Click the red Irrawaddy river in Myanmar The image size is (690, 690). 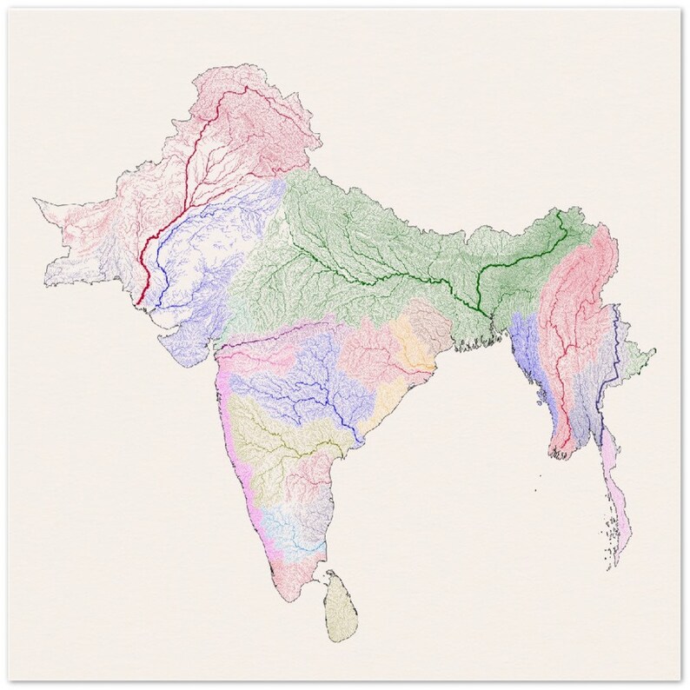click(566, 348)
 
